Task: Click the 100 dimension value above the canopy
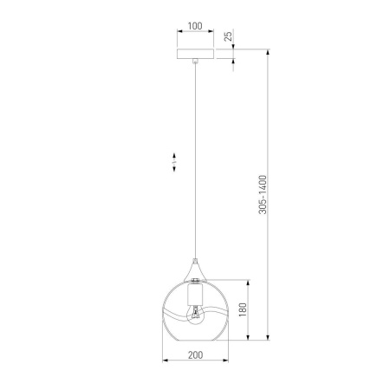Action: (195, 27)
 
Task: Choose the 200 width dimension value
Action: (195, 355)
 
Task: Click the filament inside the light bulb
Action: (195, 312)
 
